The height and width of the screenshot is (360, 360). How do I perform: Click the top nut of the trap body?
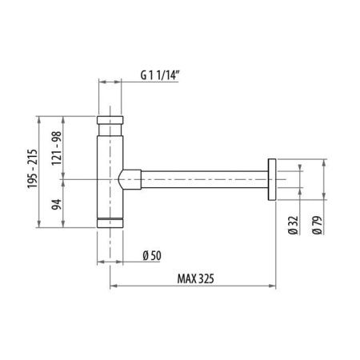(x=110, y=125)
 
